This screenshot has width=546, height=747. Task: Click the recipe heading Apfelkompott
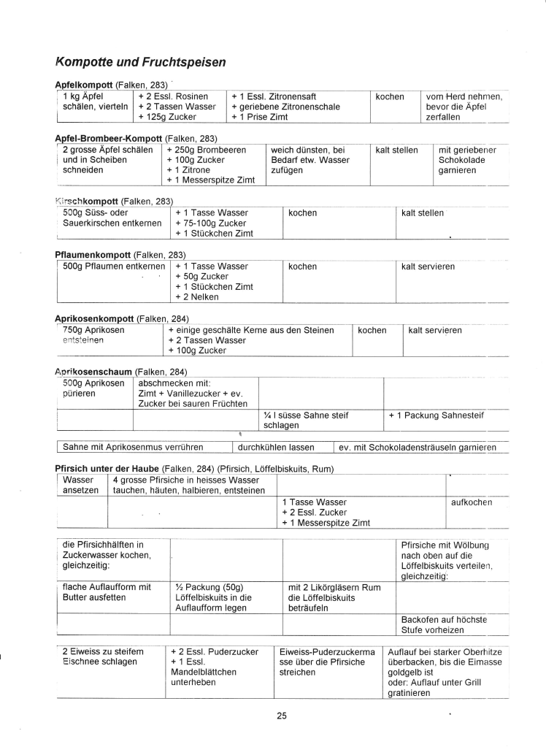pos(82,85)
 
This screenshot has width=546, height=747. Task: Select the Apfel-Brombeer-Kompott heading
pos(109,139)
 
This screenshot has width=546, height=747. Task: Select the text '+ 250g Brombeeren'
pos(206,150)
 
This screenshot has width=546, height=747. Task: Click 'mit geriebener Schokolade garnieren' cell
pos(467,160)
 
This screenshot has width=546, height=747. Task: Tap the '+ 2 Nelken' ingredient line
pos(196,297)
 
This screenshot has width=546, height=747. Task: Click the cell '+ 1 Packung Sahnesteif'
pos(437,415)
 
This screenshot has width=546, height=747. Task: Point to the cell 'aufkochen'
pos(472,502)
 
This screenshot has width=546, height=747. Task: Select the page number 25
pos(282,716)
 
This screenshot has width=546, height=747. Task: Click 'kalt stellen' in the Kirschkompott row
pos(423,213)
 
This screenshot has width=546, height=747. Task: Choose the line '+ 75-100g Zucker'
pos(211,223)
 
